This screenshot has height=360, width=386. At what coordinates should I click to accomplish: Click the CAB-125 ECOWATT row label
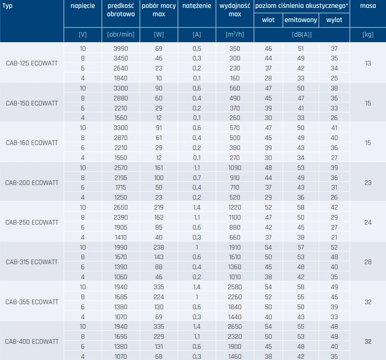click(32, 63)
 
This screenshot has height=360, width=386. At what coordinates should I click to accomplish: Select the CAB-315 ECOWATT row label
click(32, 262)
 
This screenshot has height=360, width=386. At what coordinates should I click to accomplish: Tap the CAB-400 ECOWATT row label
click(32, 341)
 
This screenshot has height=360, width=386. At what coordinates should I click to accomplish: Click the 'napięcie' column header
click(83, 6)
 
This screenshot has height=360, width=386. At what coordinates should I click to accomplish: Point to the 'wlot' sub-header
click(268, 20)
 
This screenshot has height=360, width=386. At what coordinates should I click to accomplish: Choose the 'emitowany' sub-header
click(301, 20)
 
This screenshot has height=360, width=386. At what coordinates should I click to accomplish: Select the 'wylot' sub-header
click(334, 20)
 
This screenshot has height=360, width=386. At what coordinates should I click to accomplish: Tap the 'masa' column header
click(368, 6)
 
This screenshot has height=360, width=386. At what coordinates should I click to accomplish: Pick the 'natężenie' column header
click(197, 6)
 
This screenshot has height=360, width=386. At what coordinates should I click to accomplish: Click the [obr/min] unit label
click(120, 35)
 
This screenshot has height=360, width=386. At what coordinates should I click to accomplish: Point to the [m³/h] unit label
click(235, 35)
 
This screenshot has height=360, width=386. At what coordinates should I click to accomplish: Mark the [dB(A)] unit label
click(301, 35)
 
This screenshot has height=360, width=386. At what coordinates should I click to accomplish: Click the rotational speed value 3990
click(120, 49)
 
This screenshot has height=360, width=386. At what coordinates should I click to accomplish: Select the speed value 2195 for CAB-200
click(120, 178)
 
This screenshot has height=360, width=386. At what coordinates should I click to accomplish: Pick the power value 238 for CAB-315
click(158, 247)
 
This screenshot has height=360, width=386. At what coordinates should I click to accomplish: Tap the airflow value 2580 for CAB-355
click(235, 287)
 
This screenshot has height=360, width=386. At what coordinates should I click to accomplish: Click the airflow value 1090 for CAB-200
click(235, 168)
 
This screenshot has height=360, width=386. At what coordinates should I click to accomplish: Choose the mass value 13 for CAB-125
click(368, 63)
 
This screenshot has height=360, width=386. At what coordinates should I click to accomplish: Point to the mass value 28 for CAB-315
click(368, 262)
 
